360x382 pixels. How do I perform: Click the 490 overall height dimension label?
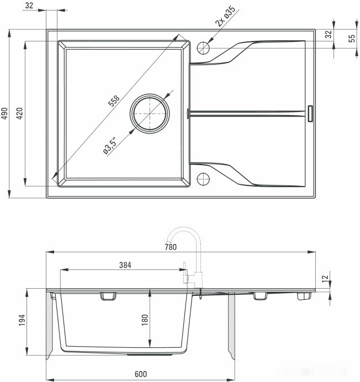click(x=5, y=113)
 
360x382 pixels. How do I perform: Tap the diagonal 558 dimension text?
click(x=114, y=100)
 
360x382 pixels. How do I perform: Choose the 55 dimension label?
click(x=352, y=38)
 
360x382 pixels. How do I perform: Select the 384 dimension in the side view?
click(x=125, y=264)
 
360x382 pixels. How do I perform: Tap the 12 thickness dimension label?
click(x=325, y=278)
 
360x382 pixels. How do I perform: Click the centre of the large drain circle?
click(x=150, y=113)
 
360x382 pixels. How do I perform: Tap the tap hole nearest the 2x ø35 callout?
click(x=204, y=47)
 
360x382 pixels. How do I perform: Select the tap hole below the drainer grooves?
click(x=204, y=179)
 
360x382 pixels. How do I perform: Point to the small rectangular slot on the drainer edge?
click(x=310, y=113)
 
